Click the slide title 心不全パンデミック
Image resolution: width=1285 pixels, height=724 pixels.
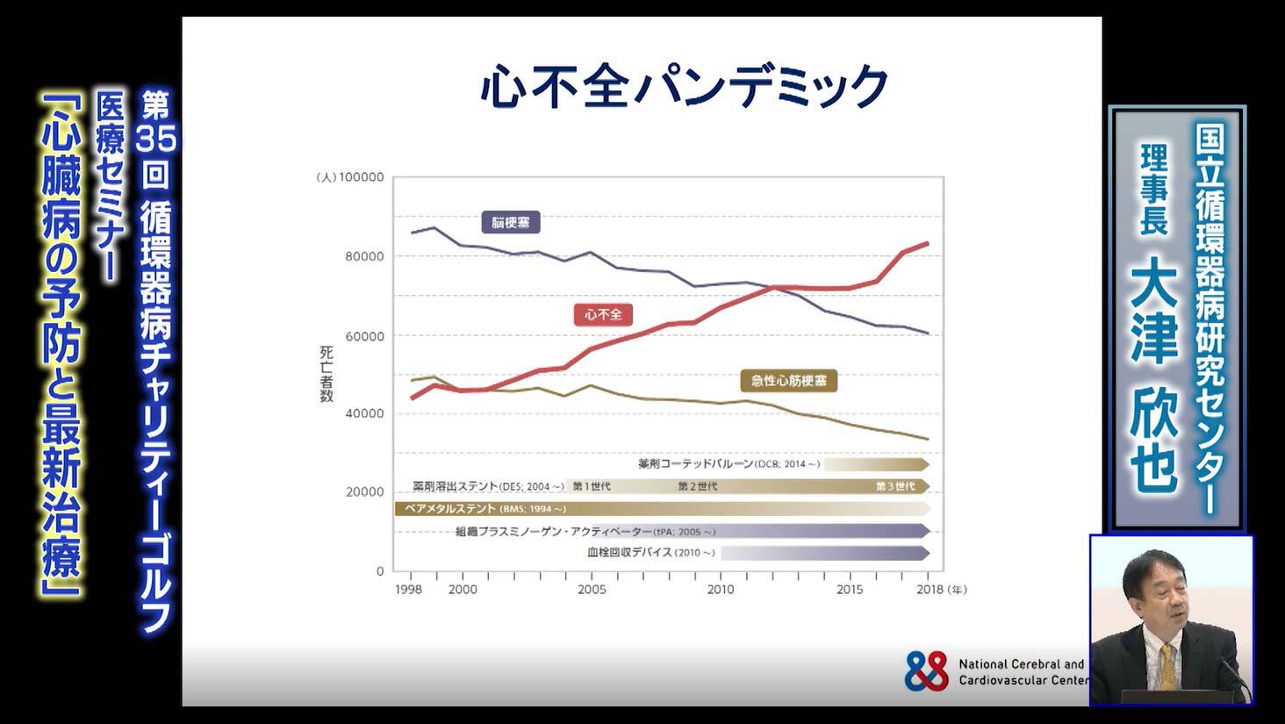coord(685,86)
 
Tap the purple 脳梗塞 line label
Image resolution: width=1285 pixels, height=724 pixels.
coord(510,223)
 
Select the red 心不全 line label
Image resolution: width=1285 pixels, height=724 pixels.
coord(603,314)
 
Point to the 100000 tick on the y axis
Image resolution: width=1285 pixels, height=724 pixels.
coord(361,177)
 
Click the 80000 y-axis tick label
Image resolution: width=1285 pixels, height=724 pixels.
coord(364,256)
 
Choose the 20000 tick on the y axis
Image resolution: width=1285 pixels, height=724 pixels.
coord(364,492)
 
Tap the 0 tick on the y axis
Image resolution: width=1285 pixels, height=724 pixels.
coord(380,571)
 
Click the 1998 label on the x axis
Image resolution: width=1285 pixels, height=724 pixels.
coord(408,590)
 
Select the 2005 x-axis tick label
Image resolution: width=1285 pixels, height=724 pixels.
coord(592,590)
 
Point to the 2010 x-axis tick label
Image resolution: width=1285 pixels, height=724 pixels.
coord(721,590)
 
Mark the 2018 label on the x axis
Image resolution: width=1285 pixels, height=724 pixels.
coord(930,590)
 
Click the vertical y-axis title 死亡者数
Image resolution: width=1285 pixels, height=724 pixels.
coord(327,374)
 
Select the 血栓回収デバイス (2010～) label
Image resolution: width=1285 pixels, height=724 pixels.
coord(651,553)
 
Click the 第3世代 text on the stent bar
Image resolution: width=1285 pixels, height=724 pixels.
coord(895,486)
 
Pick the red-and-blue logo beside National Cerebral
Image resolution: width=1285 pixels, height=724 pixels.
coord(927,671)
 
